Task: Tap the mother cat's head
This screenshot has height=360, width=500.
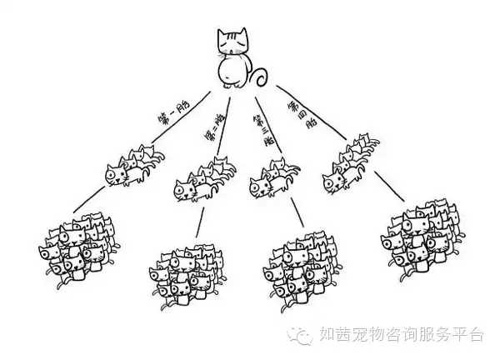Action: [232, 41]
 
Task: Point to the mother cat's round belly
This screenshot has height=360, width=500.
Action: [234, 71]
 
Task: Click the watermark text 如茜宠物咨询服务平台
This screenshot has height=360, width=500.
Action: [400, 335]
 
